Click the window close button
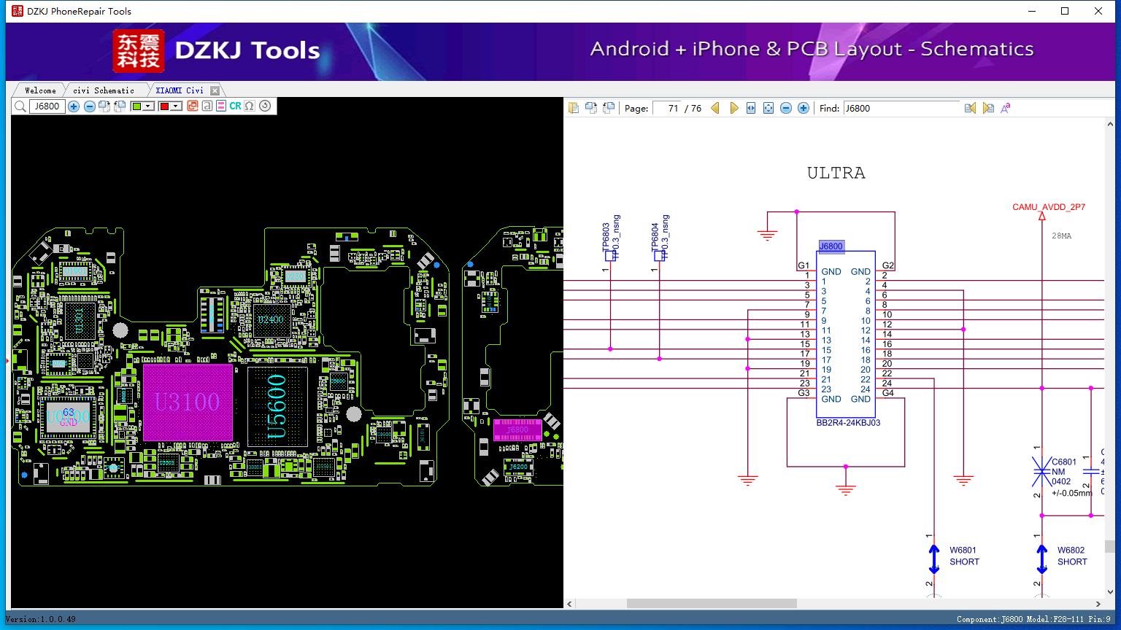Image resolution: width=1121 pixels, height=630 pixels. [1098, 11]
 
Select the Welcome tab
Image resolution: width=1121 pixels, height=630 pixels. [40, 90]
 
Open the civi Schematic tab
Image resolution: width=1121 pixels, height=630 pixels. [104, 90]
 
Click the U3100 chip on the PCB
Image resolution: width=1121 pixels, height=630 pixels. [188, 402]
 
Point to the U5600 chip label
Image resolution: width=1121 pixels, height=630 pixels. [277, 406]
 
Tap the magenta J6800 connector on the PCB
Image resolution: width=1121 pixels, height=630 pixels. [517, 429]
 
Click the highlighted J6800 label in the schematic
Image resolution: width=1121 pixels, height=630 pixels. [831, 246]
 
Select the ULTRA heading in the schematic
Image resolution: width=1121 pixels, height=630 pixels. [836, 174]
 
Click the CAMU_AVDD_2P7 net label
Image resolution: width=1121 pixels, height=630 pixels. [1048, 207]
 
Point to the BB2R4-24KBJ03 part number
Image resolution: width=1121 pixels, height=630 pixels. [848, 423]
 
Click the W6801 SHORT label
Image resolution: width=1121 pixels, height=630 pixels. [963, 556]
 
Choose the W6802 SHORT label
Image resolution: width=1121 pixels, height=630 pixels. [1071, 556]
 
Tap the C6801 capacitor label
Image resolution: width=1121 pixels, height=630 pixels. [1063, 462]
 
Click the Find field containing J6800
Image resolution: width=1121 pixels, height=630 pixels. [901, 108]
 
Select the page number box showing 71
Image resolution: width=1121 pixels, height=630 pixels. [667, 108]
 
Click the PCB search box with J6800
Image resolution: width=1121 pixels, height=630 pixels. [47, 106]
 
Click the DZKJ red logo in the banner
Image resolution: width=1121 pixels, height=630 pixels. [139, 51]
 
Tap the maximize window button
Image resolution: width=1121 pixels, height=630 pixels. [1065, 11]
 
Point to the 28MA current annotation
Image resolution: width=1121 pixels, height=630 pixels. [1061, 236]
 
